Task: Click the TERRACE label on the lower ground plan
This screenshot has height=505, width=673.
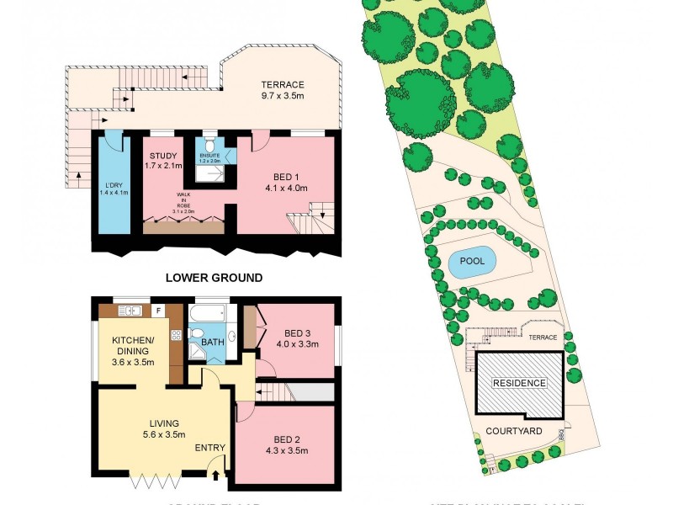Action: click(282, 85)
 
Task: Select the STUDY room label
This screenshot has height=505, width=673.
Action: click(163, 156)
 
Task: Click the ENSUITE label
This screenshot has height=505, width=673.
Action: click(209, 157)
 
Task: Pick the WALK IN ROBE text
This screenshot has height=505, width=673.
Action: click(183, 203)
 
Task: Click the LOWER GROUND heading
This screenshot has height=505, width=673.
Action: click(214, 277)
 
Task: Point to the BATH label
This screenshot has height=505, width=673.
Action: click(211, 343)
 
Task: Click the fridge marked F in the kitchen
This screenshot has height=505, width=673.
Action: click(158, 310)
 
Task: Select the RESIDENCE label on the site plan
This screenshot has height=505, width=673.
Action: click(519, 383)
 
